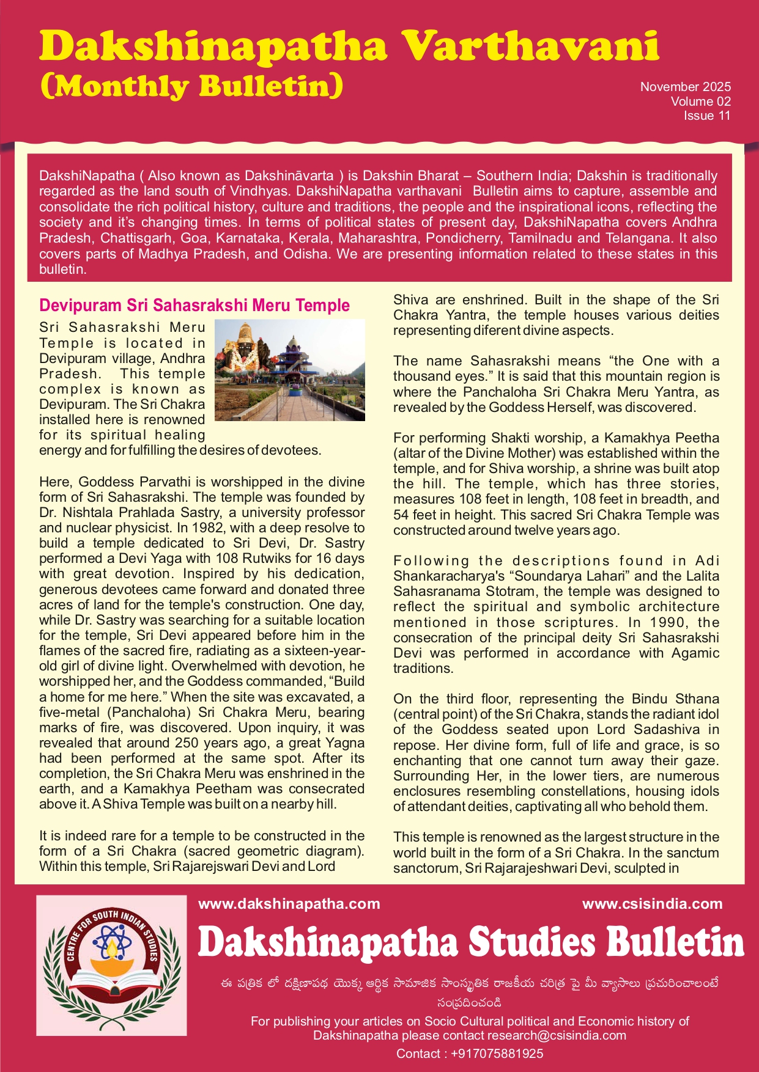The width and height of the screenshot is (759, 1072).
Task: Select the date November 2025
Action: pyautogui.click(x=685, y=87)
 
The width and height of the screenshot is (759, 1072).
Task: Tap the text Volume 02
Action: pyautogui.click(x=700, y=101)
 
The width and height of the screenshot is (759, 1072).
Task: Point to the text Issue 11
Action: pyautogui.click(x=707, y=116)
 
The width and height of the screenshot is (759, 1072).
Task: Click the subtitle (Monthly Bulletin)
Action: pyautogui.click(x=191, y=86)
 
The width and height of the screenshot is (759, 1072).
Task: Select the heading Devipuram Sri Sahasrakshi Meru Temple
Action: pyautogui.click(x=194, y=305)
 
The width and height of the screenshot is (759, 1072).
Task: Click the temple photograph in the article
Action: pyautogui.click(x=290, y=370)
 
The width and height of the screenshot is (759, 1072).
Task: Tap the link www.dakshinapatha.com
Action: pyautogui.click(x=289, y=904)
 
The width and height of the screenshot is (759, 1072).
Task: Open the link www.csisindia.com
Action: pyautogui.click(x=652, y=904)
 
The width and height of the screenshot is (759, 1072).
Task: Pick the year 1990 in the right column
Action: pyautogui.click(x=667, y=622)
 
